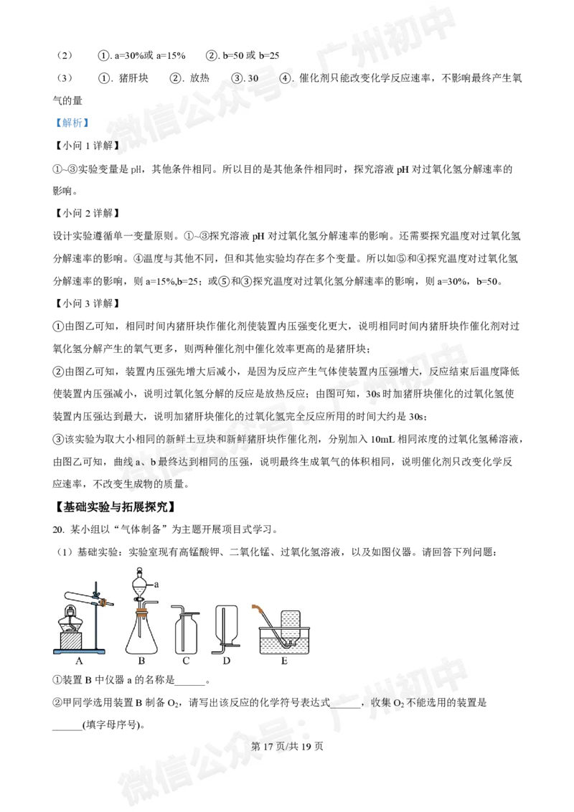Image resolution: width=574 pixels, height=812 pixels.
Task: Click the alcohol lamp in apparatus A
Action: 72,617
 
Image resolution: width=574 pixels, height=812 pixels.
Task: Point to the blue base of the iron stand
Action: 80,650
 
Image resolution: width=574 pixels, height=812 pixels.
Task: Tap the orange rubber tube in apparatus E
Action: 256,609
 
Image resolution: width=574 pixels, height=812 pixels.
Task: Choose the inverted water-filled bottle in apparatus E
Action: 290,624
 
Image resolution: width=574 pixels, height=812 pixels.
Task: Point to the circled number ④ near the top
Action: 286,78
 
